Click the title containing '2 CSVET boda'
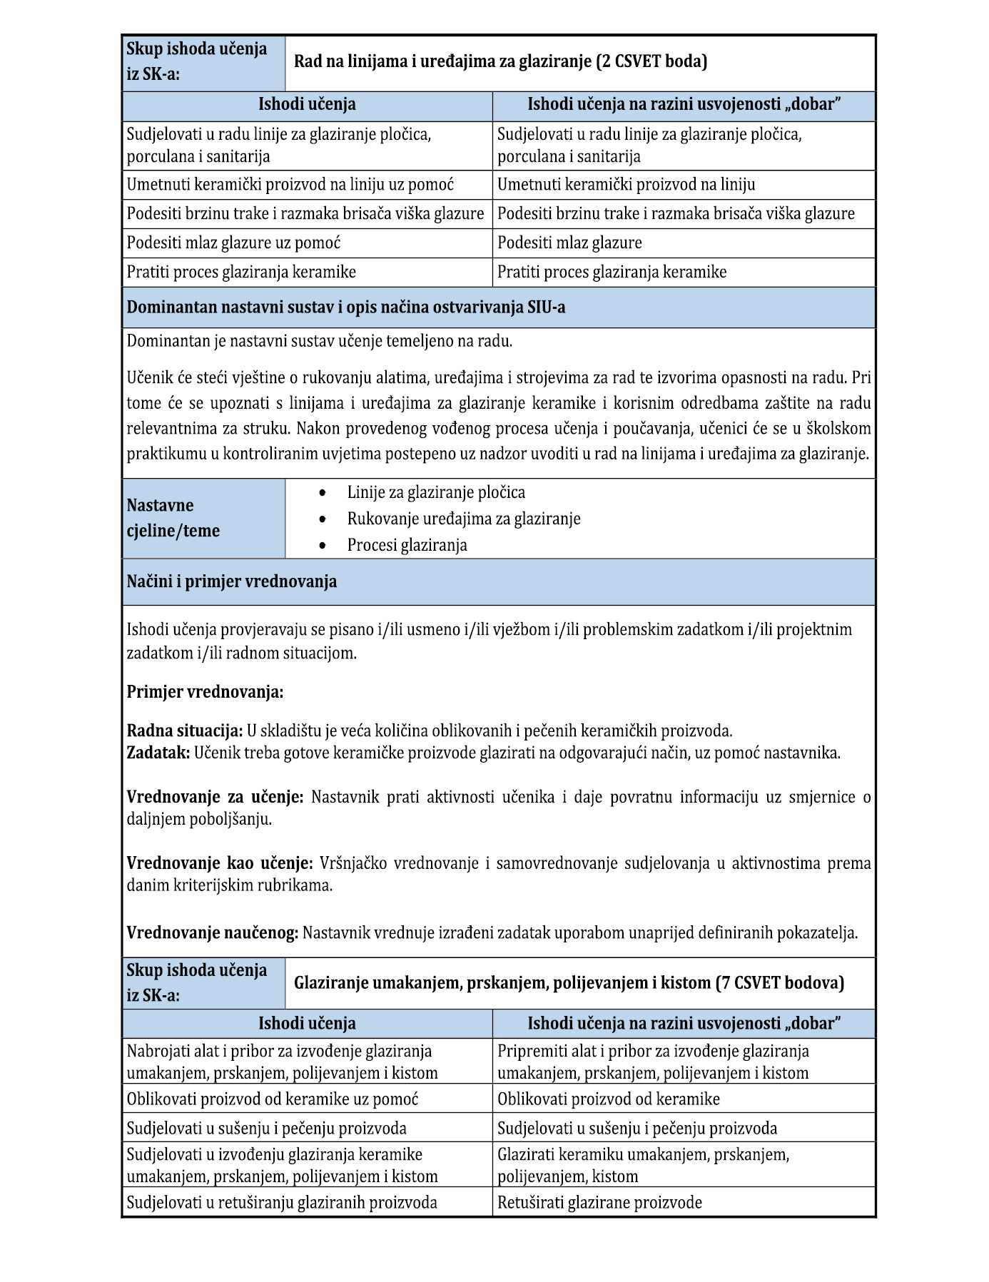click(500, 61)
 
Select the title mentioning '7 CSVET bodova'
click(569, 983)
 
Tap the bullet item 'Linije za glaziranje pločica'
click(436, 492)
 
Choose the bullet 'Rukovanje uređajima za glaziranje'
click(464, 519)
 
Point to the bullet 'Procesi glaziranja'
click(407, 545)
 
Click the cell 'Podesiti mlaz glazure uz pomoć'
click(233, 243)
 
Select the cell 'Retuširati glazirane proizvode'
click(599, 1202)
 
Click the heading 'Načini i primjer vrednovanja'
click(232, 581)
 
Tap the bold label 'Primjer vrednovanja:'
click(205, 691)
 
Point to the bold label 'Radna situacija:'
click(185, 731)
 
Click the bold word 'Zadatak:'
click(158, 753)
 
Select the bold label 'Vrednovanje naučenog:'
click(213, 932)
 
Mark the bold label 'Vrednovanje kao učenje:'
click(220, 863)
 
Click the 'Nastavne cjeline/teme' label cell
click(173, 518)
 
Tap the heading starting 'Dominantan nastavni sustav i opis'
click(346, 307)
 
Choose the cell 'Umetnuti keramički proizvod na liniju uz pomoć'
click(290, 185)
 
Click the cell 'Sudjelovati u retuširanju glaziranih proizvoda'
click(282, 1202)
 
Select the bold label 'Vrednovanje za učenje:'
click(215, 797)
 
